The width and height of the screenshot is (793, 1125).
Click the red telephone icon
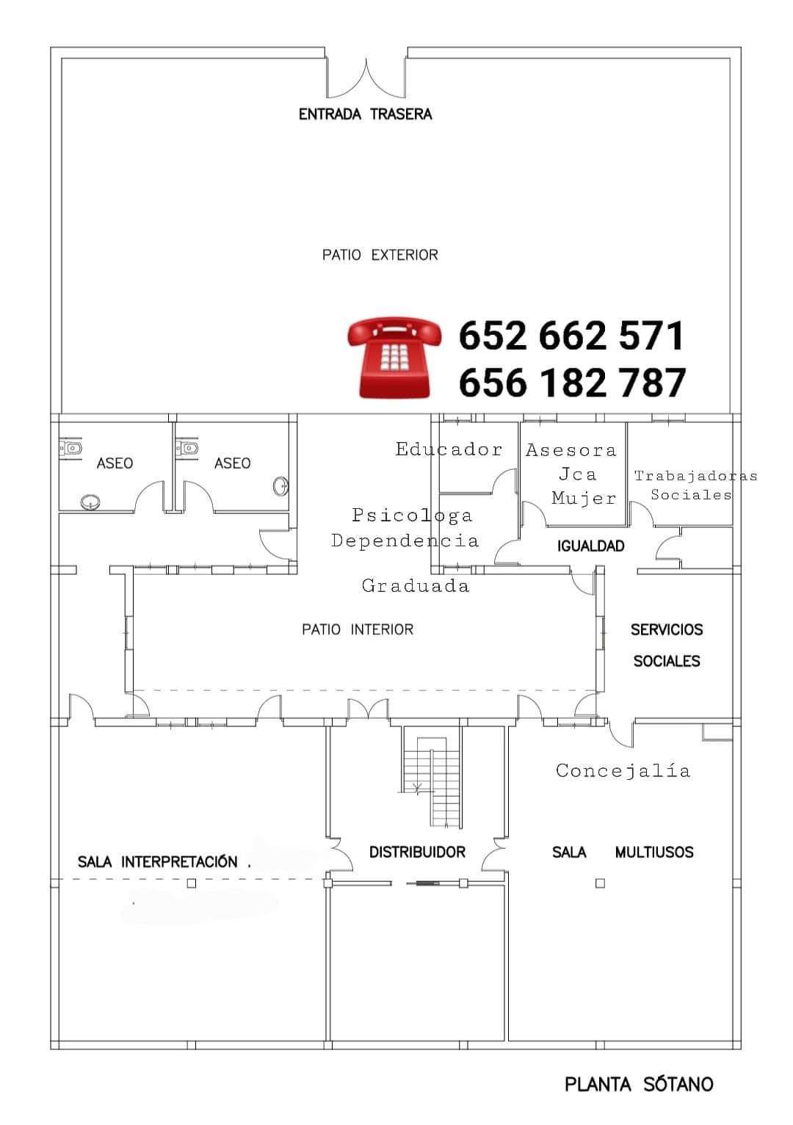tap(395, 358)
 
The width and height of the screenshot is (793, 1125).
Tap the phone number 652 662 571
tap(571, 336)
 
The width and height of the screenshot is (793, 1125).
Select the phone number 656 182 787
tap(572, 382)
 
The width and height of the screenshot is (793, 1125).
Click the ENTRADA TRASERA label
tap(365, 115)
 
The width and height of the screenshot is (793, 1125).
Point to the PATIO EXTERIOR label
tap(380, 255)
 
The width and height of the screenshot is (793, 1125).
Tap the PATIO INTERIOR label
tap(358, 629)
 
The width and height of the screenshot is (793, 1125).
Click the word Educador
tap(449, 449)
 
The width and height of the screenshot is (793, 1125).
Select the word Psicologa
tap(412, 516)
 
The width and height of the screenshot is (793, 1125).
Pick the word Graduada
tap(416, 585)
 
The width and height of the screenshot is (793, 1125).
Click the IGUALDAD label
tap(590, 546)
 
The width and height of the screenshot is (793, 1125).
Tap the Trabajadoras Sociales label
tap(695, 485)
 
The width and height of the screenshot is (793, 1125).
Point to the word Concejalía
tap(623, 771)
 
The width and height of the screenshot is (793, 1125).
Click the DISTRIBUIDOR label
tap(417, 852)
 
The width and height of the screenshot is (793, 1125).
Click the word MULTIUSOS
tap(654, 852)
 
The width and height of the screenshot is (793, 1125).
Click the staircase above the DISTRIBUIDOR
tap(432, 781)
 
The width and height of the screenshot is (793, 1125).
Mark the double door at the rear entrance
tap(366, 78)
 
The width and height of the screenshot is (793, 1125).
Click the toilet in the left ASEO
tap(70, 448)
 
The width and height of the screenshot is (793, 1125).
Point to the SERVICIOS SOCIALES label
tap(667, 645)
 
